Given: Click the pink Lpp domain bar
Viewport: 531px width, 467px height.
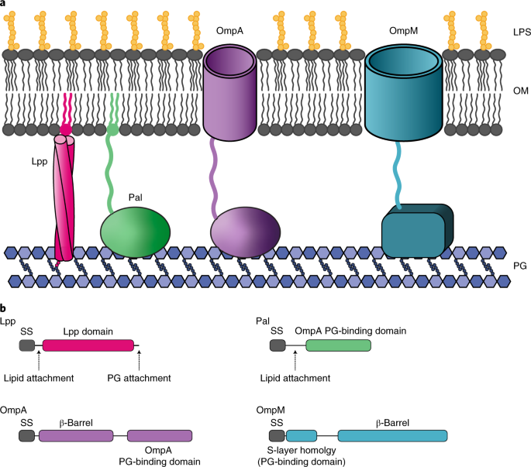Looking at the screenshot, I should click(x=88, y=345).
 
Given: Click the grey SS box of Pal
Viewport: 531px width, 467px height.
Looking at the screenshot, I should click(x=278, y=345).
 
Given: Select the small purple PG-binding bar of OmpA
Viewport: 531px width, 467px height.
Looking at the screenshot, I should click(x=159, y=435).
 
